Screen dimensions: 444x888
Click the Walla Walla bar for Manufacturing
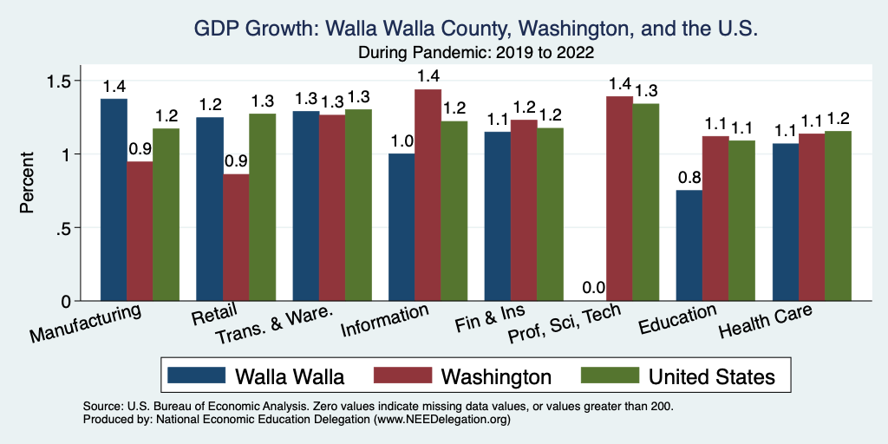114,199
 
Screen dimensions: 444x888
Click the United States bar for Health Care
839,216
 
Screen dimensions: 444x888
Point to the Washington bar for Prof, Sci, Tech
619,199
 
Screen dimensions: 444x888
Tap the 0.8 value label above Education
689,178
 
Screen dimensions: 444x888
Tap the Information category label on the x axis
384,322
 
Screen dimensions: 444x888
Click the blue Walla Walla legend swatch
195,375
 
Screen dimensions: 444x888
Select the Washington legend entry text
496,375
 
